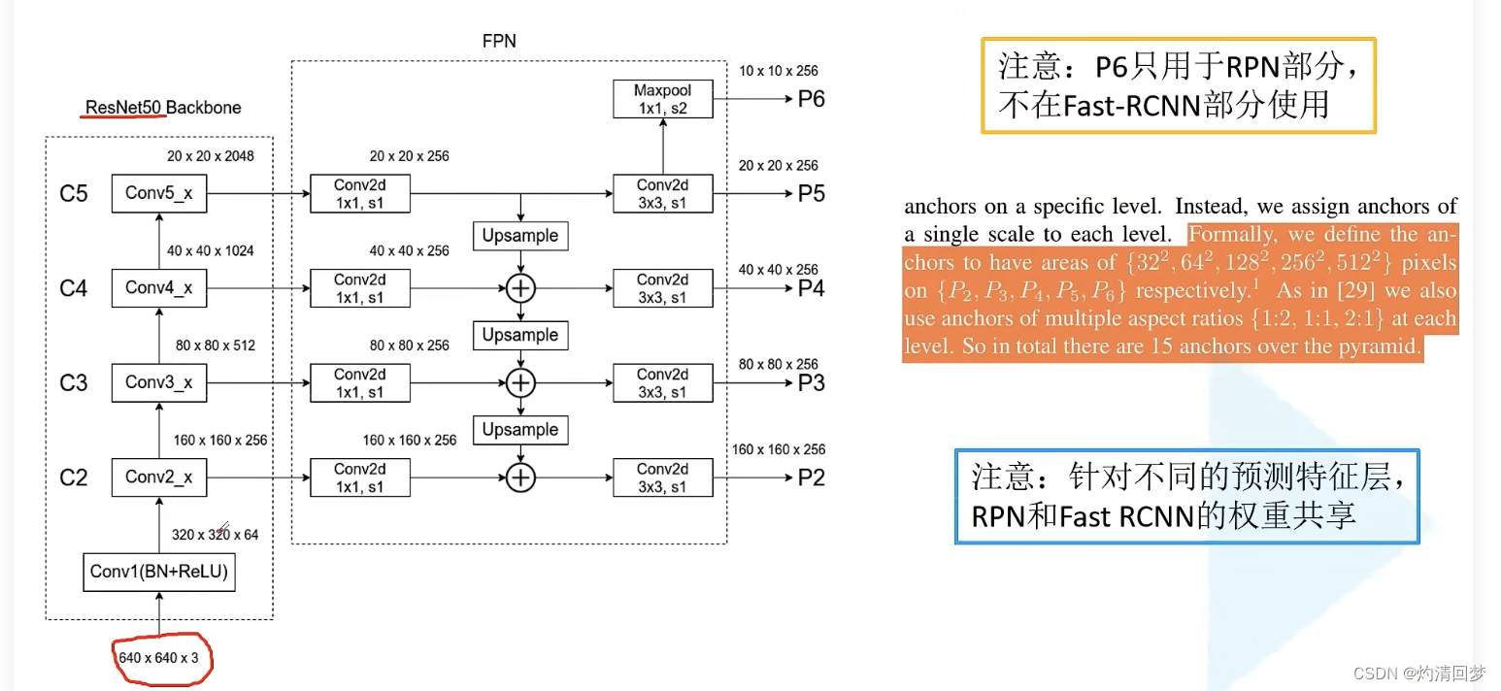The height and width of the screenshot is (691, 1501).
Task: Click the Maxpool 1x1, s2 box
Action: [x=662, y=99]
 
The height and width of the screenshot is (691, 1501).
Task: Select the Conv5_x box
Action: [x=159, y=193]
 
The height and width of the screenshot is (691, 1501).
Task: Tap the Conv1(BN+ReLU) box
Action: [x=159, y=572]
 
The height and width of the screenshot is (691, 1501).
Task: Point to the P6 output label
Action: [x=811, y=99]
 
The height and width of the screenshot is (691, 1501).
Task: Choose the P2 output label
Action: [x=811, y=477]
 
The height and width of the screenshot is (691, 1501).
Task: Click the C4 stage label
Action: [x=75, y=288]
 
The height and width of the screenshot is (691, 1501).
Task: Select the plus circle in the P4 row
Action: [x=522, y=288]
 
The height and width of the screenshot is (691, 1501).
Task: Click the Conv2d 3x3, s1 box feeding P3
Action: [x=662, y=382]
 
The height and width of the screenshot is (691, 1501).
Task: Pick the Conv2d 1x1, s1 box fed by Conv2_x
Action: [x=359, y=477]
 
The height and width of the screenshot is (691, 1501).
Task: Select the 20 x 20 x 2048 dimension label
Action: [x=211, y=155]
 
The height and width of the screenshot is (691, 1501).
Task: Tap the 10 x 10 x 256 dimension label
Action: [x=778, y=71]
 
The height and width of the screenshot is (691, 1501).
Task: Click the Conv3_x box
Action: [x=159, y=382]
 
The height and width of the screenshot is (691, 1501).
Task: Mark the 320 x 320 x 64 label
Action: [x=216, y=534]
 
